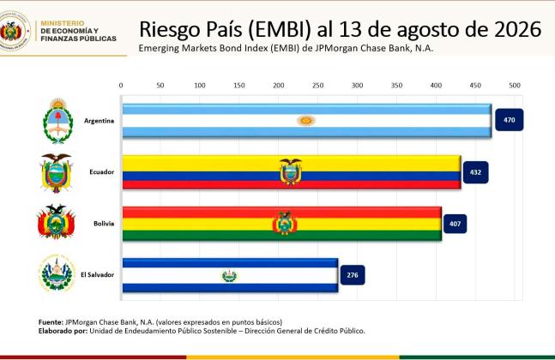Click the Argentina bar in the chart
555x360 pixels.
[x=307, y=121]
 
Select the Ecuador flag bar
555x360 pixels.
[x=292, y=172]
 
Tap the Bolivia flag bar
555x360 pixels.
[x=281, y=224]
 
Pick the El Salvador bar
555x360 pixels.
[x=230, y=275]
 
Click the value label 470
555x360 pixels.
[x=509, y=120]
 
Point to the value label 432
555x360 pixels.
[x=475, y=172]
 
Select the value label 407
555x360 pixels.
[x=455, y=224]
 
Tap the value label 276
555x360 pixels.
[x=353, y=275]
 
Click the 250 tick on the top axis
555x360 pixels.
[x=318, y=85]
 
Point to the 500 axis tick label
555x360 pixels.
[x=515, y=85]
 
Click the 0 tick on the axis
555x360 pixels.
[x=121, y=85]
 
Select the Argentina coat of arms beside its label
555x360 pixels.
[x=57, y=121]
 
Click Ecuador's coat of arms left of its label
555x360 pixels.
[x=56, y=173]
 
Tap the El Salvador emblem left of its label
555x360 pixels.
[x=57, y=273]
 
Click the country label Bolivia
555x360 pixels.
[x=104, y=224]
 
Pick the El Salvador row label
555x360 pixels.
[x=97, y=274]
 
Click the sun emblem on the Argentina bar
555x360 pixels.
[x=306, y=121]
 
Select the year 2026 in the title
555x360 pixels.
[x=518, y=29]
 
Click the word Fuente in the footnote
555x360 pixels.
[x=51, y=322]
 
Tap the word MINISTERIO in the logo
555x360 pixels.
[x=63, y=23]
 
